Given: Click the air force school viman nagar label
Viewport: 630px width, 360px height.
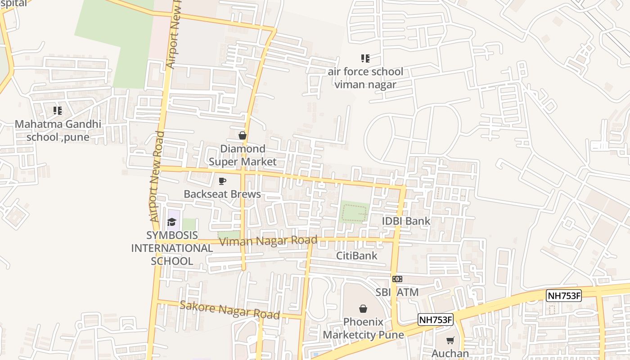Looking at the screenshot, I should pyautogui.click(x=365, y=78).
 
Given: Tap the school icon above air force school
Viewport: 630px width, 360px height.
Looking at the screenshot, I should pyautogui.click(x=365, y=58).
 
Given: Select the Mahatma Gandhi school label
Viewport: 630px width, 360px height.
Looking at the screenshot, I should pyautogui.click(x=58, y=130).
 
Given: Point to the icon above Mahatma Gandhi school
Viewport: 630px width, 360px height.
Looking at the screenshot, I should pyautogui.click(x=57, y=110).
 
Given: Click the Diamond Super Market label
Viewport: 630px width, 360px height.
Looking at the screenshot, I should pyautogui.click(x=243, y=155).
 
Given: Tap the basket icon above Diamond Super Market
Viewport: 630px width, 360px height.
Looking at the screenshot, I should pyautogui.click(x=243, y=135).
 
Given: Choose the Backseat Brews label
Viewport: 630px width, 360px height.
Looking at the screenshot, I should pyautogui.click(x=222, y=194).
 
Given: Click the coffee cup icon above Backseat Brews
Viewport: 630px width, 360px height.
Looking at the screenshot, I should pyautogui.click(x=222, y=181).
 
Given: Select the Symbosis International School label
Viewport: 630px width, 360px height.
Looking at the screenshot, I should pyautogui.click(x=172, y=248).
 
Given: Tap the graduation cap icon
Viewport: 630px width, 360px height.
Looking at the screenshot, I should pyautogui.click(x=171, y=222).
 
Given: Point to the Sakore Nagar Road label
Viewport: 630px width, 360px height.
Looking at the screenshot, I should pyautogui.click(x=229, y=310).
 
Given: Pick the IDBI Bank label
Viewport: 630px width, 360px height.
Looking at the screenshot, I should pyautogui.click(x=406, y=221).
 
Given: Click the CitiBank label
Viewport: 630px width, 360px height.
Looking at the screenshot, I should pyautogui.click(x=357, y=256).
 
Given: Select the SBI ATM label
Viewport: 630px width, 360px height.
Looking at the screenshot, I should pyautogui.click(x=397, y=292).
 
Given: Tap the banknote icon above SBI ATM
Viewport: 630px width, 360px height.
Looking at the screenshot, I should pyautogui.click(x=397, y=279).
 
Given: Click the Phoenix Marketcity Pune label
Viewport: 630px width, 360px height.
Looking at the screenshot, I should pyautogui.click(x=363, y=328).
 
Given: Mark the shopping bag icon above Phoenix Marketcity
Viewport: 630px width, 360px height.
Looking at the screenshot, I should pyautogui.click(x=363, y=309).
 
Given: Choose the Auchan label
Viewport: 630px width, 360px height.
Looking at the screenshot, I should pyautogui.click(x=450, y=353).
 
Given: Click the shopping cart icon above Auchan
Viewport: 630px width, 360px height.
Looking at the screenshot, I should pyautogui.click(x=450, y=341).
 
